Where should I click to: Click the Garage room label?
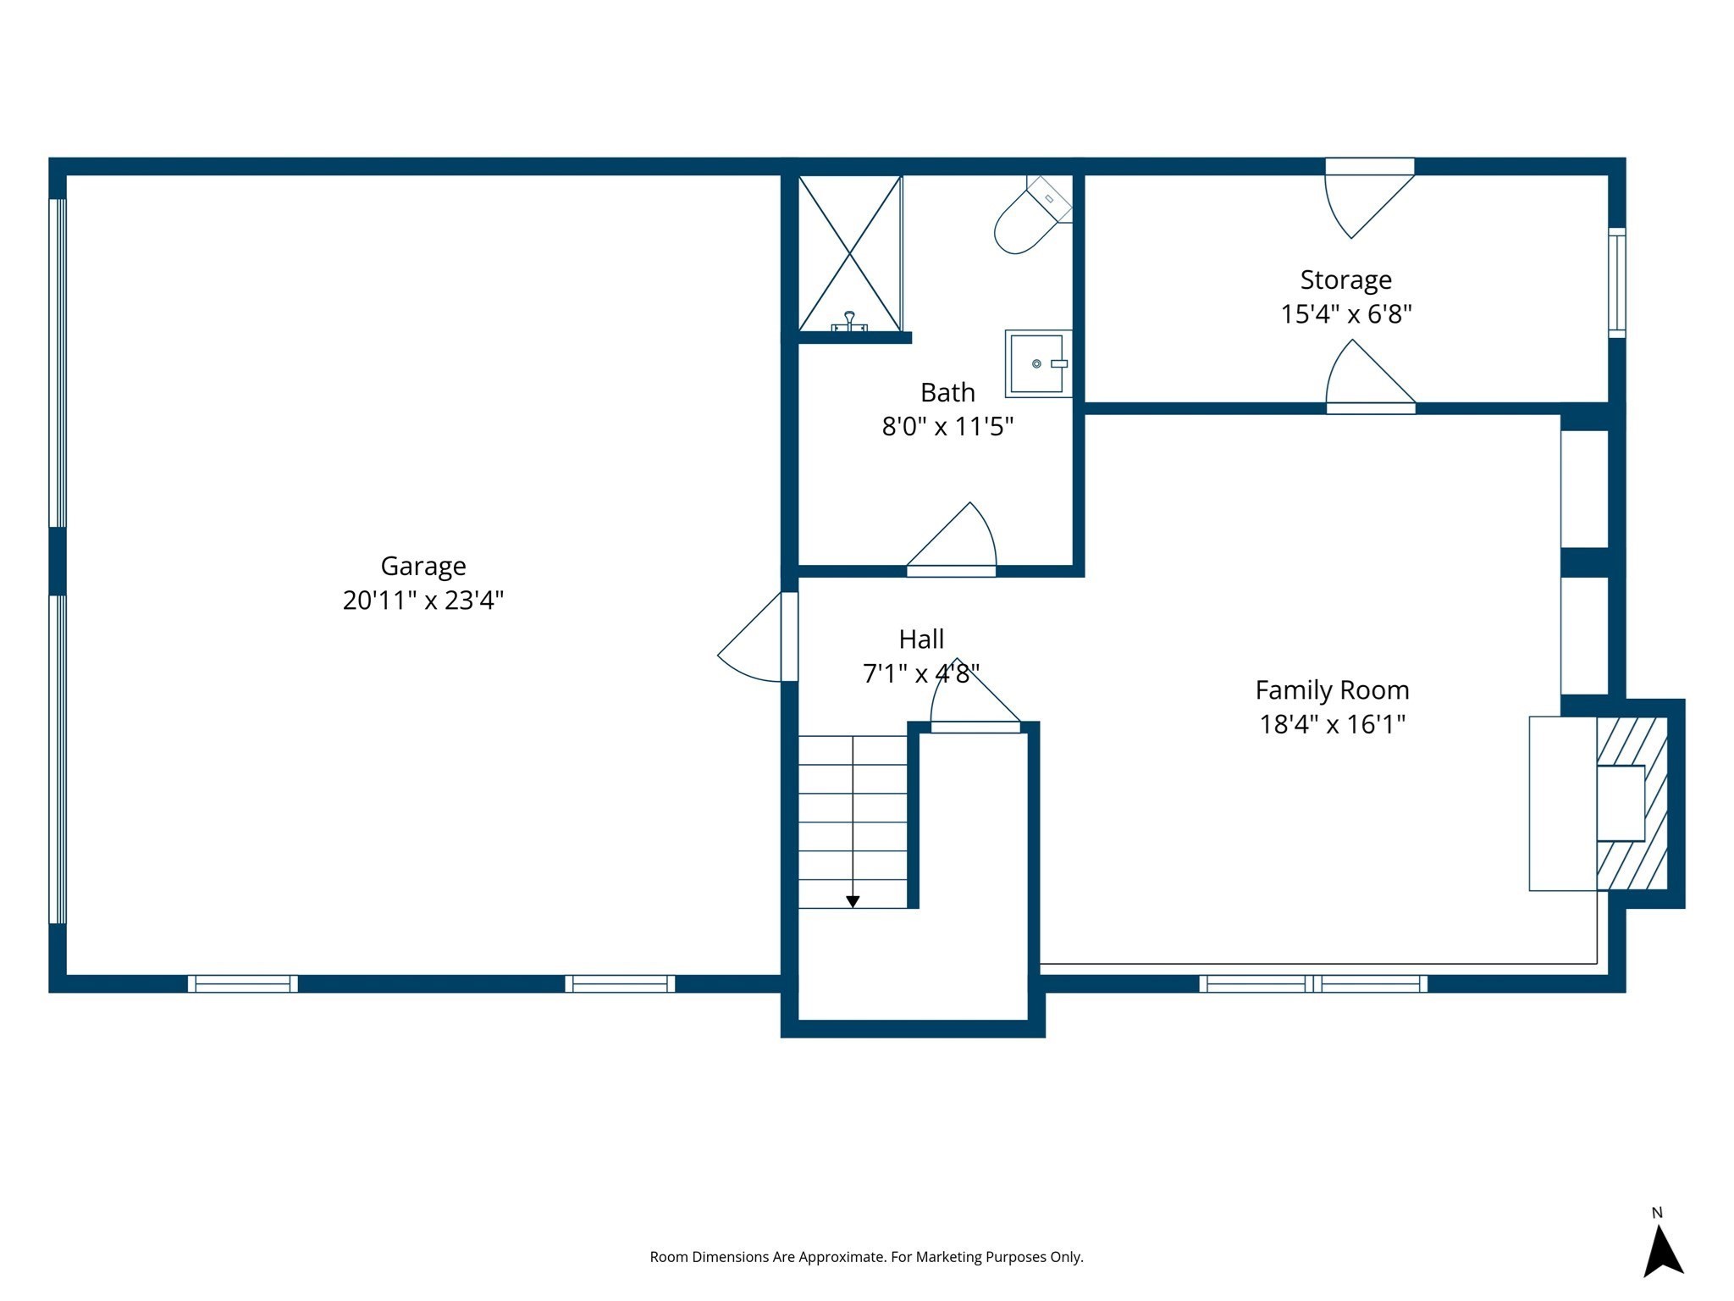[422, 566]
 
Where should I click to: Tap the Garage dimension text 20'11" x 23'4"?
[422, 601]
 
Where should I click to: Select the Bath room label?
[947, 392]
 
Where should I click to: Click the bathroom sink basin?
[1036, 363]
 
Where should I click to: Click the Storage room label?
[1345, 280]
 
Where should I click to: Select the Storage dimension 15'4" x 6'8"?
[1345, 314]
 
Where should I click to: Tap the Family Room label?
[1332, 690]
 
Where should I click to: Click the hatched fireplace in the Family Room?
[1632, 803]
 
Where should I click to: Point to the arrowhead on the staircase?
[853, 902]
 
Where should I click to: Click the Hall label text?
[921, 639]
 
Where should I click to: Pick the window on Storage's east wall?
[1616, 283]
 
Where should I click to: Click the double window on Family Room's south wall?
[1312, 983]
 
